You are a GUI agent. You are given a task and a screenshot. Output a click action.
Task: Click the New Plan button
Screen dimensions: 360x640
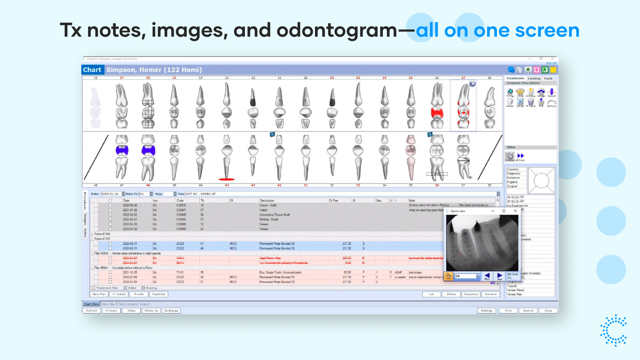click(99, 294)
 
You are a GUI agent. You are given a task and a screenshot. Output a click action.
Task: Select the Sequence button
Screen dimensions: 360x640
click(471, 294)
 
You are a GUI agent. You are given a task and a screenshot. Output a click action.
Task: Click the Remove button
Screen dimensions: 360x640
click(491, 294)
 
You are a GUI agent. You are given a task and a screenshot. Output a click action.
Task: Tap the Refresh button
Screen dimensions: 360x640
click(92, 311)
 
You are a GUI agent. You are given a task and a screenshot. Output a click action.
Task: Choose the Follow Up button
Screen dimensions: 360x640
click(151, 311)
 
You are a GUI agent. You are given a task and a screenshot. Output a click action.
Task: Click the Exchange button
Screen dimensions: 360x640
click(171, 311)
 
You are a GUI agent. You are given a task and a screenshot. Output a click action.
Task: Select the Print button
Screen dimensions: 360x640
click(508, 311)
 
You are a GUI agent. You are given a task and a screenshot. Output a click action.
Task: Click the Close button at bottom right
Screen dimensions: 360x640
click(548, 311)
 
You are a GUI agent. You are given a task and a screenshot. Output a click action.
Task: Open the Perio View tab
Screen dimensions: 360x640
click(108, 304)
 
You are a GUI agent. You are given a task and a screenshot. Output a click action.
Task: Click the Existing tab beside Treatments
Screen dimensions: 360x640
click(534, 79)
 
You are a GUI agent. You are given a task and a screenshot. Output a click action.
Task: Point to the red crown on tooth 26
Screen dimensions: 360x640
click(437, 113)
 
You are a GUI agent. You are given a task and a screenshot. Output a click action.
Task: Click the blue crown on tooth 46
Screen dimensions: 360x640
click(148, 150)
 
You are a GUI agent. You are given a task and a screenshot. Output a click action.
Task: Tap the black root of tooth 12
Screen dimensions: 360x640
click(253, 98)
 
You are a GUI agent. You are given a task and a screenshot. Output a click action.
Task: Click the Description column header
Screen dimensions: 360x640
click(267, 201)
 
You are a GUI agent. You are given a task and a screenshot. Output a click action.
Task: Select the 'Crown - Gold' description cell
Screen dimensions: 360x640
click(268, 205)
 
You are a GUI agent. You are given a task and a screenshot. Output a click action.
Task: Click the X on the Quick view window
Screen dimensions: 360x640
click(515, 211)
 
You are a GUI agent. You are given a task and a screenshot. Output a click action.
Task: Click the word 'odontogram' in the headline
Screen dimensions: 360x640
click(337, 31)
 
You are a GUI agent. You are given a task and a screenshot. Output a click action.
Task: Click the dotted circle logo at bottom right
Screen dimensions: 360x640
click(613, 330)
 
